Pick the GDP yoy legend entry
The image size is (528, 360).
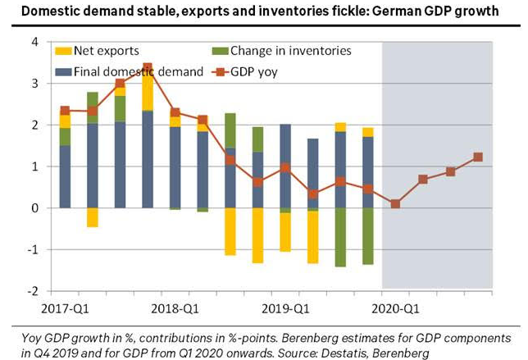click(250, 72)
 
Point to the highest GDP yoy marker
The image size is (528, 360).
click(148, 67)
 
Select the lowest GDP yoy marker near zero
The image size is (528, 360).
click(395, 204)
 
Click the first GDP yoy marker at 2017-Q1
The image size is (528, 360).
click(65, 110)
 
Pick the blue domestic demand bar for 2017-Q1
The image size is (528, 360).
click(65, 176)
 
